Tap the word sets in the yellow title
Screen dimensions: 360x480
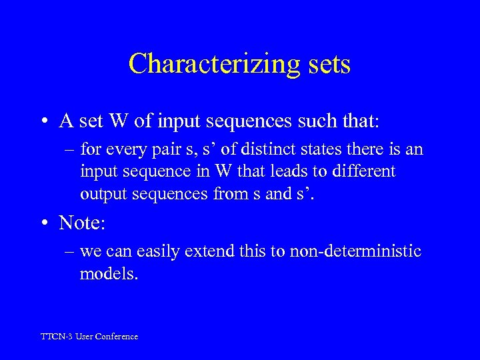point(325,64)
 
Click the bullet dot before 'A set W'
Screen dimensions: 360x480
point(43,122)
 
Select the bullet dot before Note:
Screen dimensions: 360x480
point(43,223)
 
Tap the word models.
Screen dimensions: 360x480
point(109,273)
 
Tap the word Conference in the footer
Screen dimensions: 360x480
point(117,337)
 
